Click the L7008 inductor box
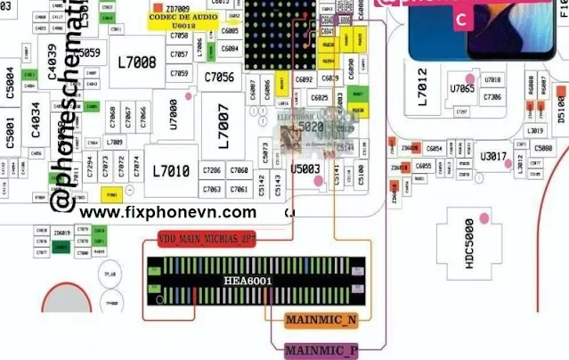pos(136,62)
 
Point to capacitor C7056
pos(218,78)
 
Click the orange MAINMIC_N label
pos(321,320)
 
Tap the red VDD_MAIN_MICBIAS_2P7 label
pos(207,240)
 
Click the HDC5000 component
pos(468,237)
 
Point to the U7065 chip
pos(462,89)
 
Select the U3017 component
pos(492,158)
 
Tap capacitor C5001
pos(10,133)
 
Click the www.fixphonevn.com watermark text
pos(167,212)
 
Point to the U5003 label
pos(305,167)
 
